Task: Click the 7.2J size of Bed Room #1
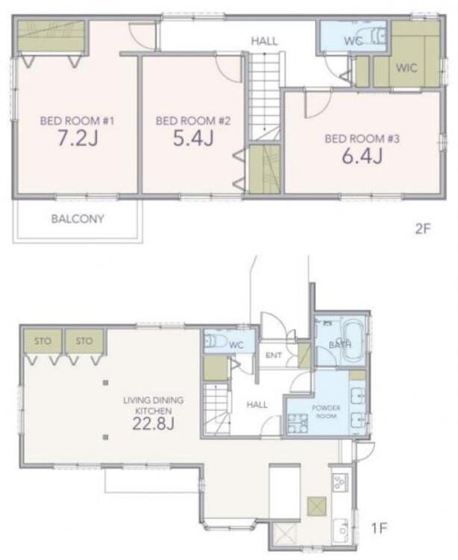click(x=78, y=139)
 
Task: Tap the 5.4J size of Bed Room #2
click(x=193, y=139)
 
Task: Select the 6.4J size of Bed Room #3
click(x=362, y=156)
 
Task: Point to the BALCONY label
click(x=78, y=219)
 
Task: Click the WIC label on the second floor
click(x=407, y=67)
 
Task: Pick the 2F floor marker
click(x=423, y=228)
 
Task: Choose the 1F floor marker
click(x=380, y=528)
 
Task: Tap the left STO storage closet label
click(x=43, y=341)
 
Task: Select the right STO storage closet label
click(x=84, y=341)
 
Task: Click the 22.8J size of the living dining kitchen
click(x=154, y=423)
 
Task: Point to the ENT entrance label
click(x=274, y=355)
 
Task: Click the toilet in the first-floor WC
click(x=215, y=342)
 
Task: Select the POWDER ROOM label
click(x=326, y=411)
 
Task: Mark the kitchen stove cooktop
click(x=340, y=482)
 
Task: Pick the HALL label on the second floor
click(x=264, y=41)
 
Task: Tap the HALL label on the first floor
click(x=257, y=405)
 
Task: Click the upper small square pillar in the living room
click(x=106, y=383)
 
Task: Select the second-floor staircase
click(x=264, y=96)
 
